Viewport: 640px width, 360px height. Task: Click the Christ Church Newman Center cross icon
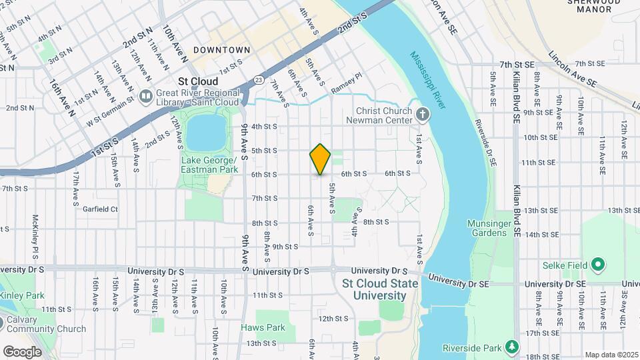pyautogui.click(x=421, y=114)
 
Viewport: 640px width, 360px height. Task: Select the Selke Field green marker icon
pyautogui.click(x=598, y=265)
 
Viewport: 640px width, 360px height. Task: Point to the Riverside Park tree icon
pyautogui.click(x=511, y=347)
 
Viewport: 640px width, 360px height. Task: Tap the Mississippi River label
pyautogui.click(x=428, y=80)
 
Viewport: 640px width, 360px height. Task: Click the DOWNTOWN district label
pyautogui.click(x=222, y=50)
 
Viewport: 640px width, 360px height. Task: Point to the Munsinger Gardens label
pyautogui.click(x=490, y=228)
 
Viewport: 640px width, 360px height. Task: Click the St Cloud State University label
pyautogui.click(x=379, y=289)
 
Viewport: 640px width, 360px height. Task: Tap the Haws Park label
pyautogui.click(x=263, y=327)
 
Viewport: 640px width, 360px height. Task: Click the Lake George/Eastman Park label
pyautogui.click(x=209, y=165)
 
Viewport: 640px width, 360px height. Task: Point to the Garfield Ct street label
pyautogui.click(x=100, y=209)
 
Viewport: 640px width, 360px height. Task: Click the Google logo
pyautogui.click(x=22, y=351)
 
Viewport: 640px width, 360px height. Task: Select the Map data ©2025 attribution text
pyautogui.click(x=610, y=355)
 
